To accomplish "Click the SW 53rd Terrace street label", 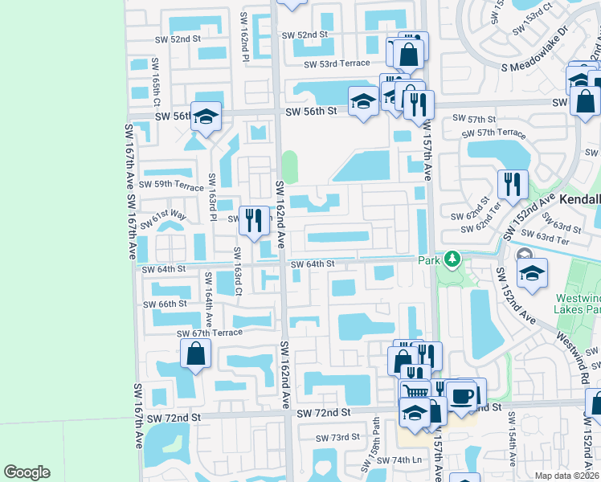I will tap(337, 63).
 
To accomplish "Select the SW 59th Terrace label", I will tap(171, 185).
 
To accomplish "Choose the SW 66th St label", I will tap(165, 304).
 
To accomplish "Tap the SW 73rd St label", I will tap(337, 438).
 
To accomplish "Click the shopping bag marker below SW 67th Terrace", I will tap(196, 353).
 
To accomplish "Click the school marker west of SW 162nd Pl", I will tap(206, 117).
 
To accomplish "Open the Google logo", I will tap(27, 472).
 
